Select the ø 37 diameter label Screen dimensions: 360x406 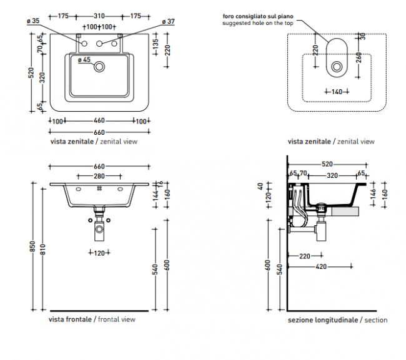coord(168,21)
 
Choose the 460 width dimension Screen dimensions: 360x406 coord(99,120)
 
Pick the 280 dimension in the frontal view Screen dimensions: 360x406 coord(99,177)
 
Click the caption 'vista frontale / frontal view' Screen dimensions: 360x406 coord(92,319)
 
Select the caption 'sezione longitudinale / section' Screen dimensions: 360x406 coord(338,319)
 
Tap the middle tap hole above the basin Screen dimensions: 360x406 coord(99,44)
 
